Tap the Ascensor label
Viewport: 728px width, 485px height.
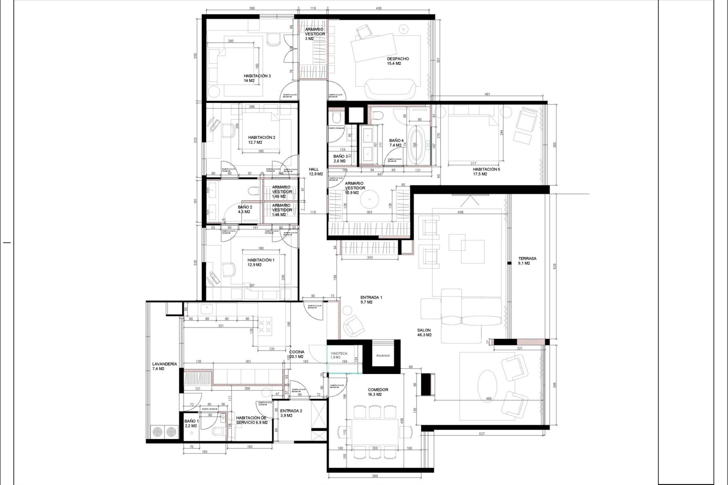click(383, 356)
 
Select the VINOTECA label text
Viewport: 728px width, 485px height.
click(339, 354)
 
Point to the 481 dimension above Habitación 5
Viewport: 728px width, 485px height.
click(487, 94)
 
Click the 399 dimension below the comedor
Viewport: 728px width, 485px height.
click(374, 476)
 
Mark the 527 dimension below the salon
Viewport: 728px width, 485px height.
click(482, 434)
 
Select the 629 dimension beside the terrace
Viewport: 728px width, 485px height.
click(554, 266)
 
